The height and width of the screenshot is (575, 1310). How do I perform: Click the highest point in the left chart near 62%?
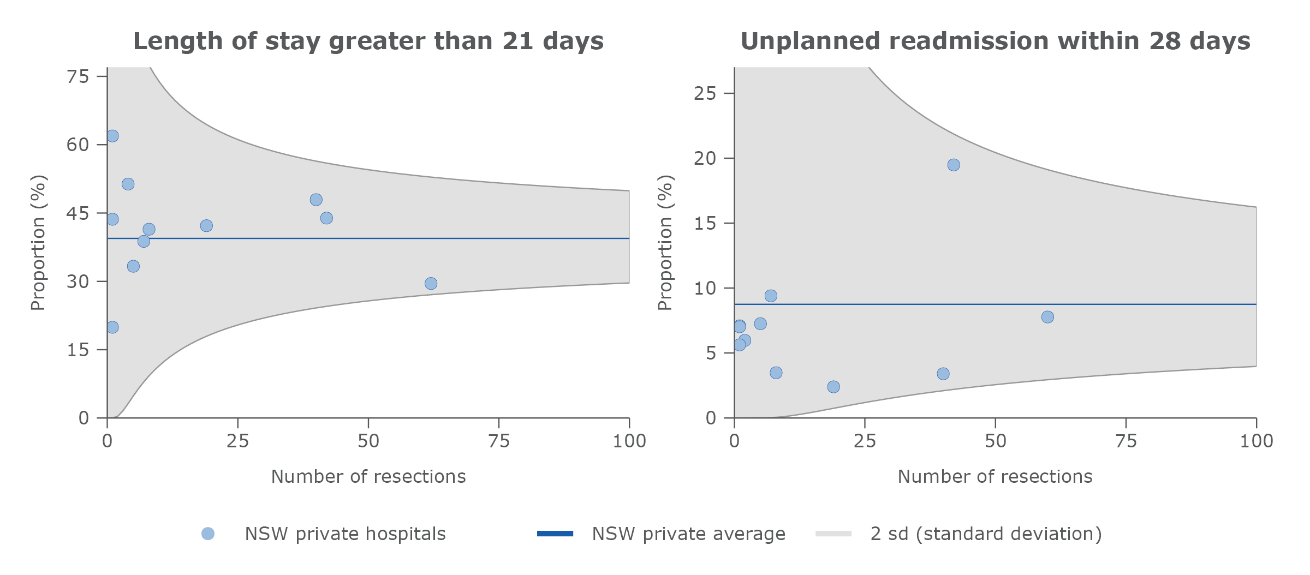coord(112,136)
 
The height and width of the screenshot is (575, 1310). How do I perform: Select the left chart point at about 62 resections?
coord(431,283)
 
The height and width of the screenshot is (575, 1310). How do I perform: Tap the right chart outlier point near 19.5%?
coord(954,165)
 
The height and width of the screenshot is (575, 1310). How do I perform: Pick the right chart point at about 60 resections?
coord(1047,317)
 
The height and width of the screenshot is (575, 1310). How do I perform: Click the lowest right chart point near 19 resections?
coord(833,387)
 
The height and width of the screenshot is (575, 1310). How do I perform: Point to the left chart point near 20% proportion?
coord(112,327)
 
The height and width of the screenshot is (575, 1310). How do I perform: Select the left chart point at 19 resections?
coord(206,226)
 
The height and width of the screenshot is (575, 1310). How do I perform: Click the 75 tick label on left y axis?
coord(78,76)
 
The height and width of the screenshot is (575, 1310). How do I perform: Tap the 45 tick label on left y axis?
coord(78,213)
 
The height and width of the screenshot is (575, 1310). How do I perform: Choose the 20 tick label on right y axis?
coord(705,158)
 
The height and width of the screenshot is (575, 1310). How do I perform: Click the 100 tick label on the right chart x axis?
coord(1256,441)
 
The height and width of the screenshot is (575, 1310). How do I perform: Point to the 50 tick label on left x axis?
coord(368,441)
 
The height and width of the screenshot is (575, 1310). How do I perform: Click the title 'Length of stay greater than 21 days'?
coord(368,41)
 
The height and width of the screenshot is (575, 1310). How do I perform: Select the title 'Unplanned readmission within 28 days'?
coord(995,41)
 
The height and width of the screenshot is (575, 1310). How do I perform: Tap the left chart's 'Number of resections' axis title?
coord(368,476)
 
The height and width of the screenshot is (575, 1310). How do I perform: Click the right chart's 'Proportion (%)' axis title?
coord(665,243)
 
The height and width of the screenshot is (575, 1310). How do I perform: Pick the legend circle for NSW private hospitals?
coord(208,534)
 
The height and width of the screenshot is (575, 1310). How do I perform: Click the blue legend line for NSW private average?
coord(555,534)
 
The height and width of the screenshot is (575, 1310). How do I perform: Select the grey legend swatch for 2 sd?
coord(833,534)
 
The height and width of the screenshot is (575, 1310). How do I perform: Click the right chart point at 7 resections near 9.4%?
coord(771,296)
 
